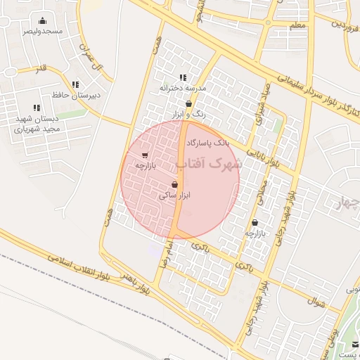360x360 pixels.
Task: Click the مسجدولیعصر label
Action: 42,32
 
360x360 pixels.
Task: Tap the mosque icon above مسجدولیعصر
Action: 42,21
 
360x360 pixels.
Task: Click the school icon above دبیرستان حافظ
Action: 75,84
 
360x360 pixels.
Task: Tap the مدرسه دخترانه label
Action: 182,88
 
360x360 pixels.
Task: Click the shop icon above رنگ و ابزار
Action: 188,103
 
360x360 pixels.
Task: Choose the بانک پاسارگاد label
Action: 207,143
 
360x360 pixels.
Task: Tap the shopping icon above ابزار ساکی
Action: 174,184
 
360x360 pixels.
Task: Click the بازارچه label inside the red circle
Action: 144,166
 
